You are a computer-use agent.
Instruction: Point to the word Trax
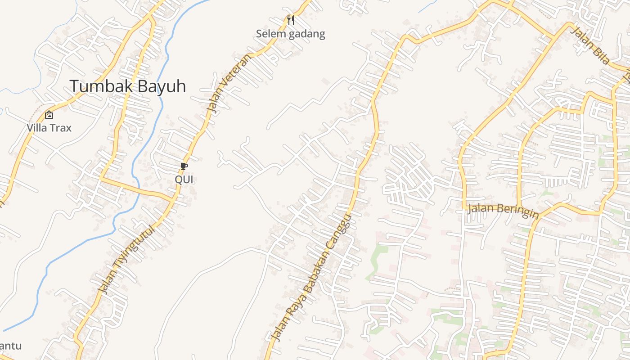(x=60, y=128)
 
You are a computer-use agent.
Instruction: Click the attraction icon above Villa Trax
(x=49, y=115)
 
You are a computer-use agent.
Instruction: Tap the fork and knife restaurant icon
(x=291, y=20)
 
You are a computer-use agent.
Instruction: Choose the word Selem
(x=271, y=34)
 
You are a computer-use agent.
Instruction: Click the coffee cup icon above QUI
(x=184, y=166)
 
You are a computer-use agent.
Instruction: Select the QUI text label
(x=184, y=180)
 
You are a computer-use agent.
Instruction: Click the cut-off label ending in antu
(x=10, y=346)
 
